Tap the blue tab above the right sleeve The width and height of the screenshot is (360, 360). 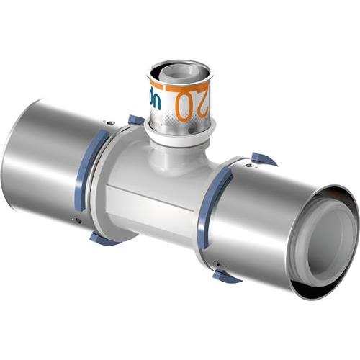click(x=263, y=158)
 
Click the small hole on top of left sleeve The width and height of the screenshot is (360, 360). click(x=108, y=123)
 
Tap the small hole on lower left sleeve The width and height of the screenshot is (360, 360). click(x=77, y=220)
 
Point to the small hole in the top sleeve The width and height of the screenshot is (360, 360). click(x=166, y=115)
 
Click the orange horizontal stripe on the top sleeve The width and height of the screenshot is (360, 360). click(x=176, y=86)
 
